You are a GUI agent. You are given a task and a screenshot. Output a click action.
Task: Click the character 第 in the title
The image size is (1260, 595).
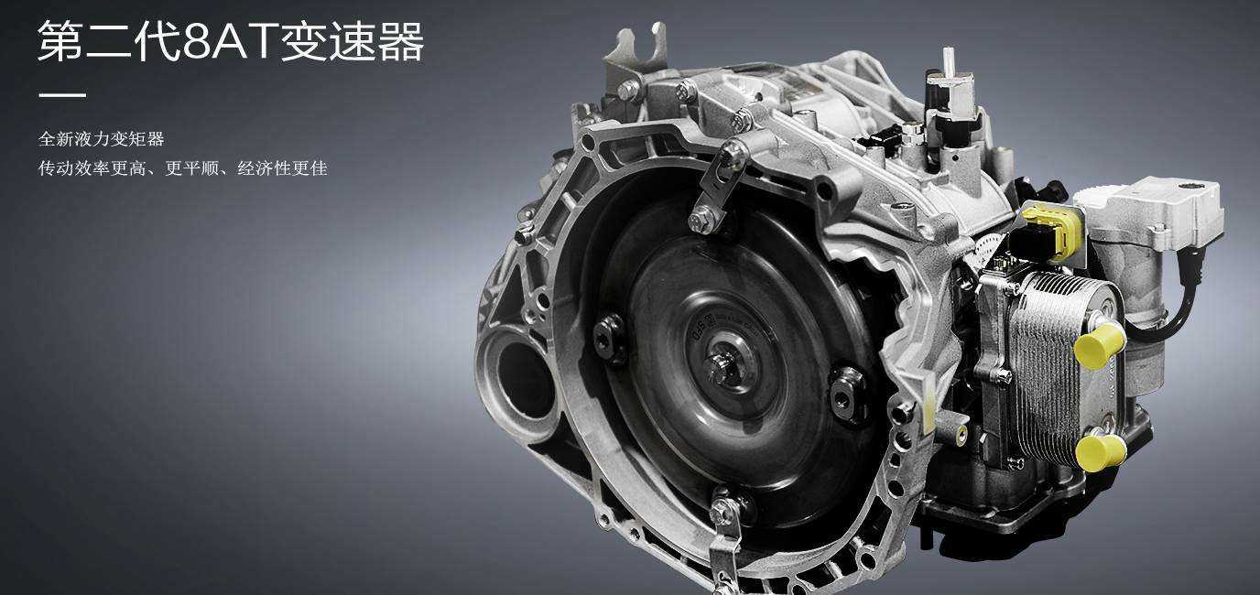[60, 41]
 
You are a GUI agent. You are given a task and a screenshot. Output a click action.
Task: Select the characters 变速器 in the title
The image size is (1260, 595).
[353, 41]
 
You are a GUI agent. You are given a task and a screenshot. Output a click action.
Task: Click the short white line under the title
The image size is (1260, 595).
[62, 95]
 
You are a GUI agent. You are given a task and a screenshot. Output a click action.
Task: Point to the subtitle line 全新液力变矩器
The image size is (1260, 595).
[102, 139]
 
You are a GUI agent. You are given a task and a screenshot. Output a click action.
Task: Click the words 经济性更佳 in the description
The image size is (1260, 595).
[282, 168]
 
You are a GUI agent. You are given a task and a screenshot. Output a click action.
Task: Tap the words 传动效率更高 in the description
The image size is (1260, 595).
[92, 168]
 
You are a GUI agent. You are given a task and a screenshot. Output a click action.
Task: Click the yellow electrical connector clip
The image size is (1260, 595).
[1053, 231]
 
